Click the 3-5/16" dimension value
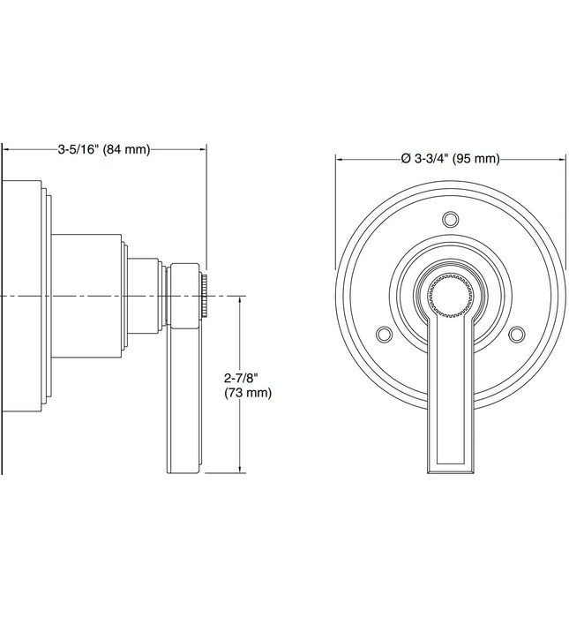[x=78, y=149]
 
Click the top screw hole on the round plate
[x=451, y=218]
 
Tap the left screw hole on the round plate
[x=384, y=334]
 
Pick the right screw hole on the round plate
[x=518, y=334]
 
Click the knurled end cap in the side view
[x=204, y=295]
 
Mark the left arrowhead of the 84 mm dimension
[x=7, y=149]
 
